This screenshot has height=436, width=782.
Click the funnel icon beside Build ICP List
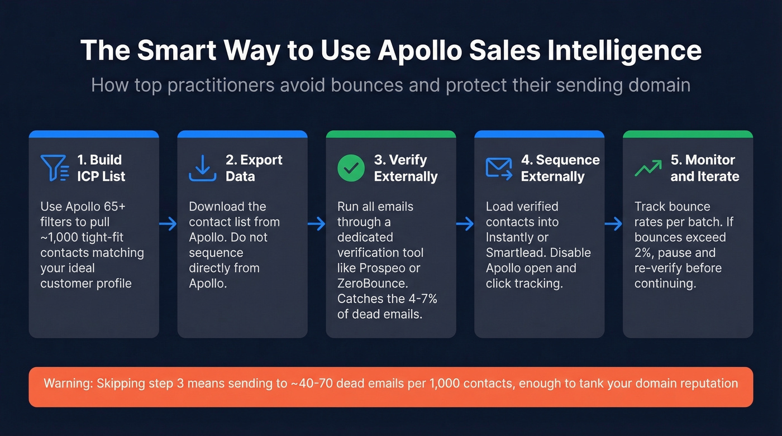(54, 168)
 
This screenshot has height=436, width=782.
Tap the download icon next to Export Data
(202, 168)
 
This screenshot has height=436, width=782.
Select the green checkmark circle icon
(351, 168)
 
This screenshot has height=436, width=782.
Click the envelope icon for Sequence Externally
(499, 168)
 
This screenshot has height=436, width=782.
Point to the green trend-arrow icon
(648, 168)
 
